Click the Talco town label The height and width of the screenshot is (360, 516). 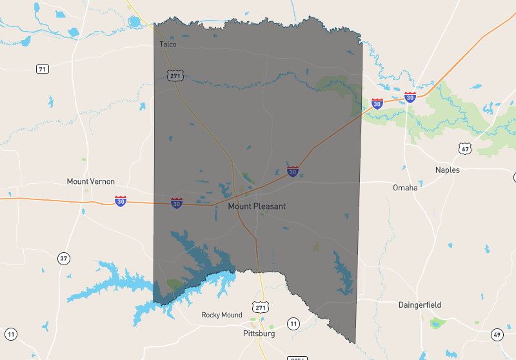pos(168,45)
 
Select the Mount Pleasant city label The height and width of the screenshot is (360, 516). pos(257,206)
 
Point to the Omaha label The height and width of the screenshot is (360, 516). pos(405,188)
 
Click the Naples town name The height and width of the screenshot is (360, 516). pos(448,170)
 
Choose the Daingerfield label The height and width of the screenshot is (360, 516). pos(420,305)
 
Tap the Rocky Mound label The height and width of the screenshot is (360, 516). pos(222,315)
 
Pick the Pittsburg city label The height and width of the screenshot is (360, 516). pos(259,334)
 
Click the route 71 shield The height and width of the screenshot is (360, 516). pos(43,69)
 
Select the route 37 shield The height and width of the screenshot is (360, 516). pos(63,259)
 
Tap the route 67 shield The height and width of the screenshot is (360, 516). pos(466,149)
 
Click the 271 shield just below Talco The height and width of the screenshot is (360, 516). pos(174,75)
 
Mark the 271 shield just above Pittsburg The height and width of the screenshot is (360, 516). pos(260,308)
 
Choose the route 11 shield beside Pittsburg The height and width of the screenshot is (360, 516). pos(293,323)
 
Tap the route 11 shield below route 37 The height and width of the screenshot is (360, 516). pos(11,334)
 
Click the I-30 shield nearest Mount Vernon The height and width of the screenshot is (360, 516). pos(121,201)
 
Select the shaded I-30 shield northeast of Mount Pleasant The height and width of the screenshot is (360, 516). pos(293,172)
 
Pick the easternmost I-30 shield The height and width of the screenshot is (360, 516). pos(410,97)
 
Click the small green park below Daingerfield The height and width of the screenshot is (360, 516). pos(439,322)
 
